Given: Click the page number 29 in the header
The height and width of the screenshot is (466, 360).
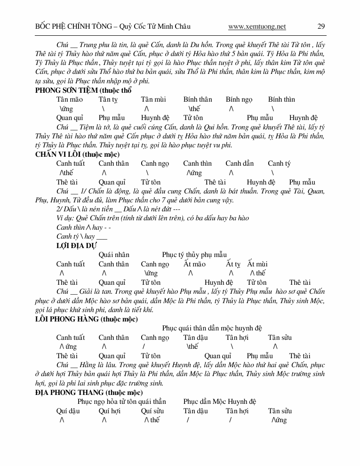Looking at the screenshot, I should [x=321, y=26].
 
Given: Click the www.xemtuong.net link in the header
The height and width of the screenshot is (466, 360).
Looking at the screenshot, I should [x=257, y=26].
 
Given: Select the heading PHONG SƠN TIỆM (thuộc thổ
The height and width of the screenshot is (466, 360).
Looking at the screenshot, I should [x=84, y=90].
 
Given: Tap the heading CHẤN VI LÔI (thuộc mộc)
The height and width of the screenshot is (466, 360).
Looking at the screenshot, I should [x=78, y=154].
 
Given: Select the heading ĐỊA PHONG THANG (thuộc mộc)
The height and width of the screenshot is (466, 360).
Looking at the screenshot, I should [x=89, y=392].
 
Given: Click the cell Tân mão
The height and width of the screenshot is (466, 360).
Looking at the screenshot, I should [x=70, y=99].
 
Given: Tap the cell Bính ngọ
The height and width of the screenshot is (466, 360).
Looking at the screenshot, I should [x=239, y=99].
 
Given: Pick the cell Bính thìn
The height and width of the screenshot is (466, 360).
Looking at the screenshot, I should [x=282, y=99].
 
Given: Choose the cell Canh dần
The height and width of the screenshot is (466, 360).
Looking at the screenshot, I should [x=240, y=163].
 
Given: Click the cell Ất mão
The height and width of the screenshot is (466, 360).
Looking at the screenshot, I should [x=195, y=264].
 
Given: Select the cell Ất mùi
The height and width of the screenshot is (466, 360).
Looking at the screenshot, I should [x=257, y=264].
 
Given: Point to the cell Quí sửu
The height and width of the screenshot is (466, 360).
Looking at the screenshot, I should [x=152, y=410].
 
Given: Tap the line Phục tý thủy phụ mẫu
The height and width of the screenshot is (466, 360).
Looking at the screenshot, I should [x=194, y=255].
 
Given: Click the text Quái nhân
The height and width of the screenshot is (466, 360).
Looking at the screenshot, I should [x=114, y=255].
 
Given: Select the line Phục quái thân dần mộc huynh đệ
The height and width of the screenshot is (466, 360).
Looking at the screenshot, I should [x=212, y=328].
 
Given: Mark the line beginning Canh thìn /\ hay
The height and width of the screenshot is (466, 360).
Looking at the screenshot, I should [x=79, y=227].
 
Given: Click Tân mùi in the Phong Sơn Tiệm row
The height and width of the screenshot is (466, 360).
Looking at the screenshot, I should [x=153, y=99].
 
